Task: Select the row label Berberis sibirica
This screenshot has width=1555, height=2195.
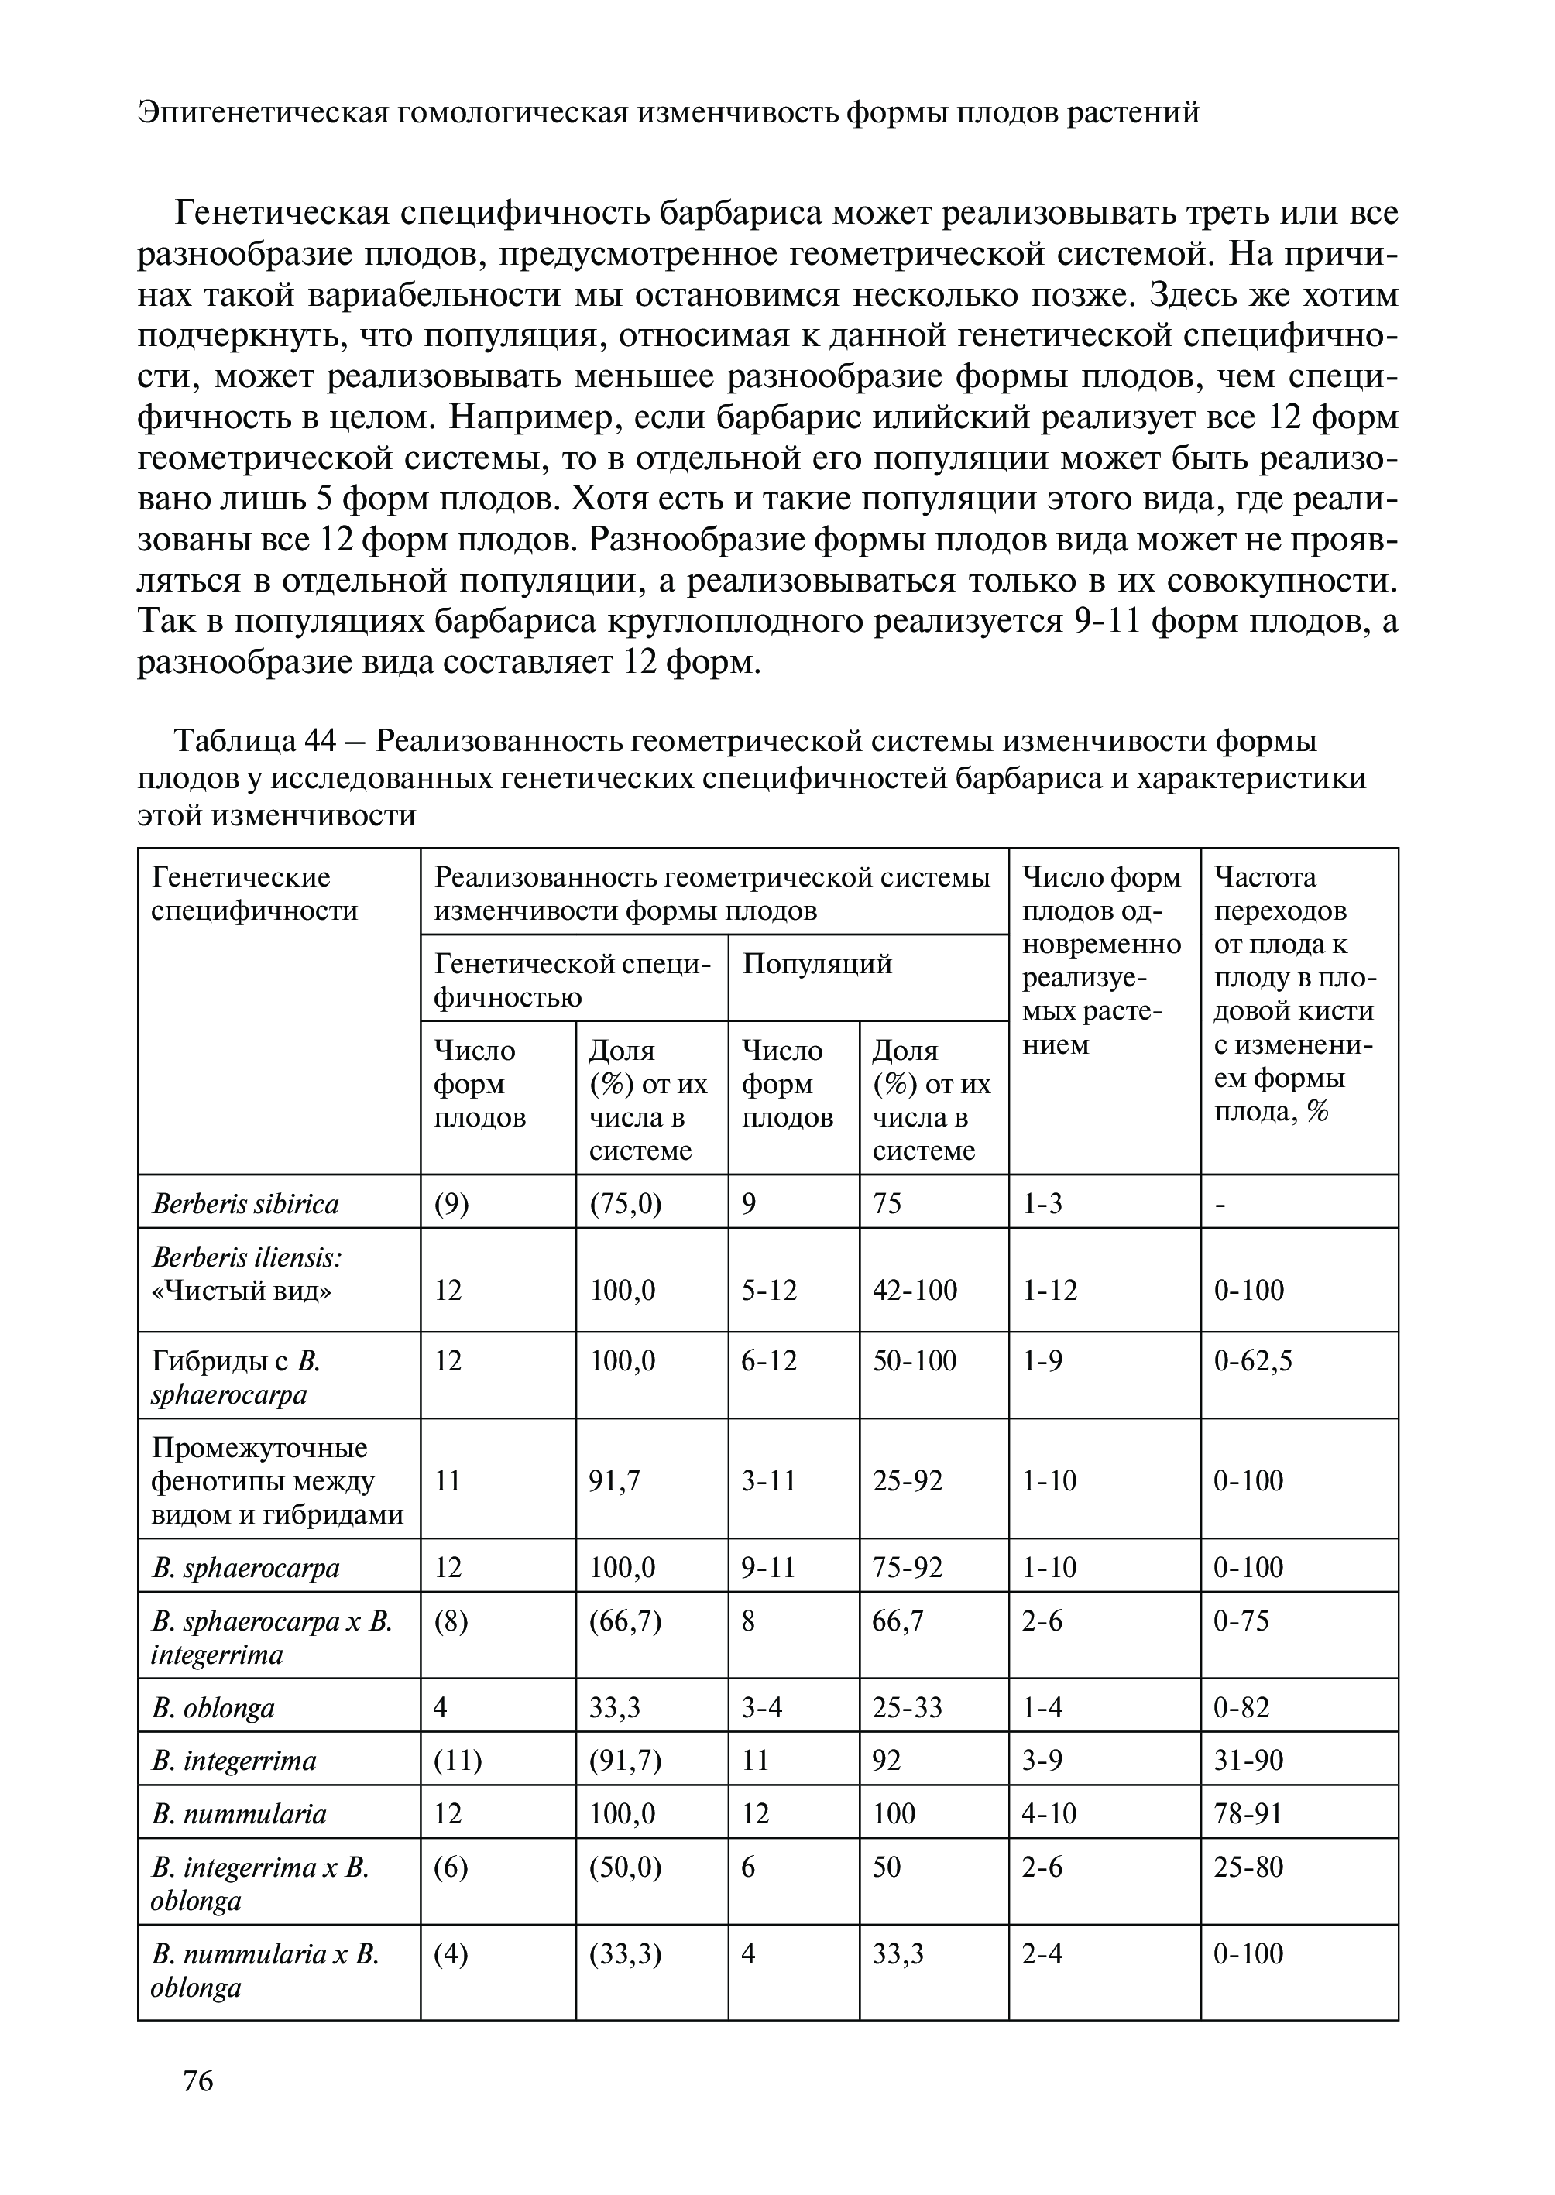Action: pyautogui.click(x=245, y=1203)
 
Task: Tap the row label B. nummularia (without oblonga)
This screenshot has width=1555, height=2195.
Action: pyautogui.click(x=239, y=1813)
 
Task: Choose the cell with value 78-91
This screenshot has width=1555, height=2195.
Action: pyautogui.click(x=1248, y=1813)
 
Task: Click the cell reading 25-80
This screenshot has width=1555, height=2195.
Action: pyautogui.click(x=1248, y=1867)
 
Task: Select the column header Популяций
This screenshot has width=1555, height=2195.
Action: pyautogui.click(x=817, y=963)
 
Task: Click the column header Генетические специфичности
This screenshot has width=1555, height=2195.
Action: pyautogui.click(x=254, y=893)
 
